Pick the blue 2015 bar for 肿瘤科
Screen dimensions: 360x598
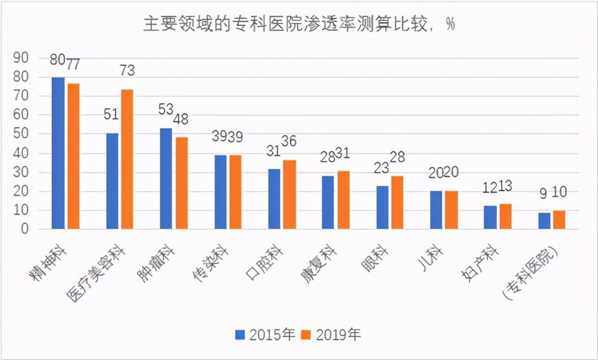(166, 178)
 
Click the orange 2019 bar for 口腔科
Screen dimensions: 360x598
(289, 194)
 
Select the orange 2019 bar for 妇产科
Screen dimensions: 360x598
(505, 216)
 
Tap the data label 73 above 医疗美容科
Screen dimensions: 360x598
(127, 70)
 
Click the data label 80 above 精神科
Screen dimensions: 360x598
(58, 61)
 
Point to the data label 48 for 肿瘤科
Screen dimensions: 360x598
(180, 119)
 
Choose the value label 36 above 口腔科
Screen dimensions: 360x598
(289, 142)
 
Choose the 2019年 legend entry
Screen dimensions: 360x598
(331, 334)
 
